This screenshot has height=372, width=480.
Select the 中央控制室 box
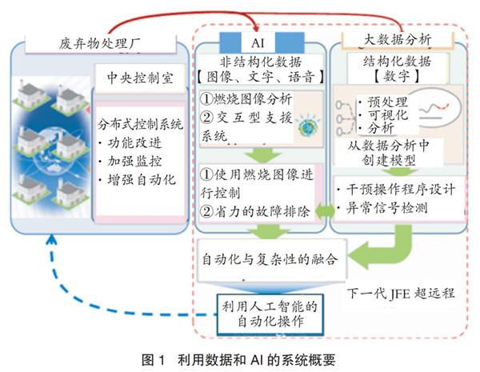point(140,78)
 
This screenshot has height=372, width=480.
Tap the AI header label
point(258,43)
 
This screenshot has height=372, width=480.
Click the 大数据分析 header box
point(398,40)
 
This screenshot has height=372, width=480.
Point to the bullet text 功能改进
point(130,143)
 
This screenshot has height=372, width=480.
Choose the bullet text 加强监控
point(130,162)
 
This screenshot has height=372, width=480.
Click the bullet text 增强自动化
point(137,180)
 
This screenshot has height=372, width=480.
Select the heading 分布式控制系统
point(140,124)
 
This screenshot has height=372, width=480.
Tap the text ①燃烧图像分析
point(246,99)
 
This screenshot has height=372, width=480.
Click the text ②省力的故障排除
point(255,211)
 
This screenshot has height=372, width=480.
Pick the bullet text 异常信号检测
point(382,208)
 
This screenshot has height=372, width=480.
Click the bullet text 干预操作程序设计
point(396,190)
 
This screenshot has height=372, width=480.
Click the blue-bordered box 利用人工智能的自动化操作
point(270,314)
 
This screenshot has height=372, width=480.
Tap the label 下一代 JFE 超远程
point(401,294)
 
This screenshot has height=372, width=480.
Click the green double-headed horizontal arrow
point(325,211)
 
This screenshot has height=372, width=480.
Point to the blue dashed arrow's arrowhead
point(51,239)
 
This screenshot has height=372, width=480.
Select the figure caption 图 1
point(154,360)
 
